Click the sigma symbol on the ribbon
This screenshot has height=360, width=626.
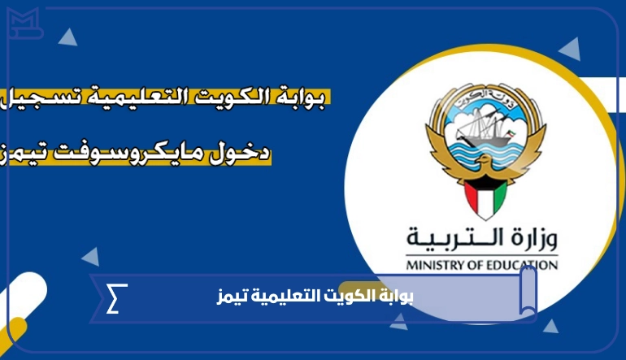pyautogui.click(x=116, y=298)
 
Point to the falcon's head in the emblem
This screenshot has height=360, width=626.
pyautogui.click(x=484, y=160)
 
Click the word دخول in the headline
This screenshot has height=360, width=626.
pyautogui.click(x=241, y=154)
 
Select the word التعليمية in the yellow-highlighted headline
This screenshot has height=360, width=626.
pyautogui.click(x=143, y=97)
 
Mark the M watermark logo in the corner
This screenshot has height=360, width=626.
pyautogui.click(x=24, y=23)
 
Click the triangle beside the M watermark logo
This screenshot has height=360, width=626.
pyautogui.click(x=67, y=37)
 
